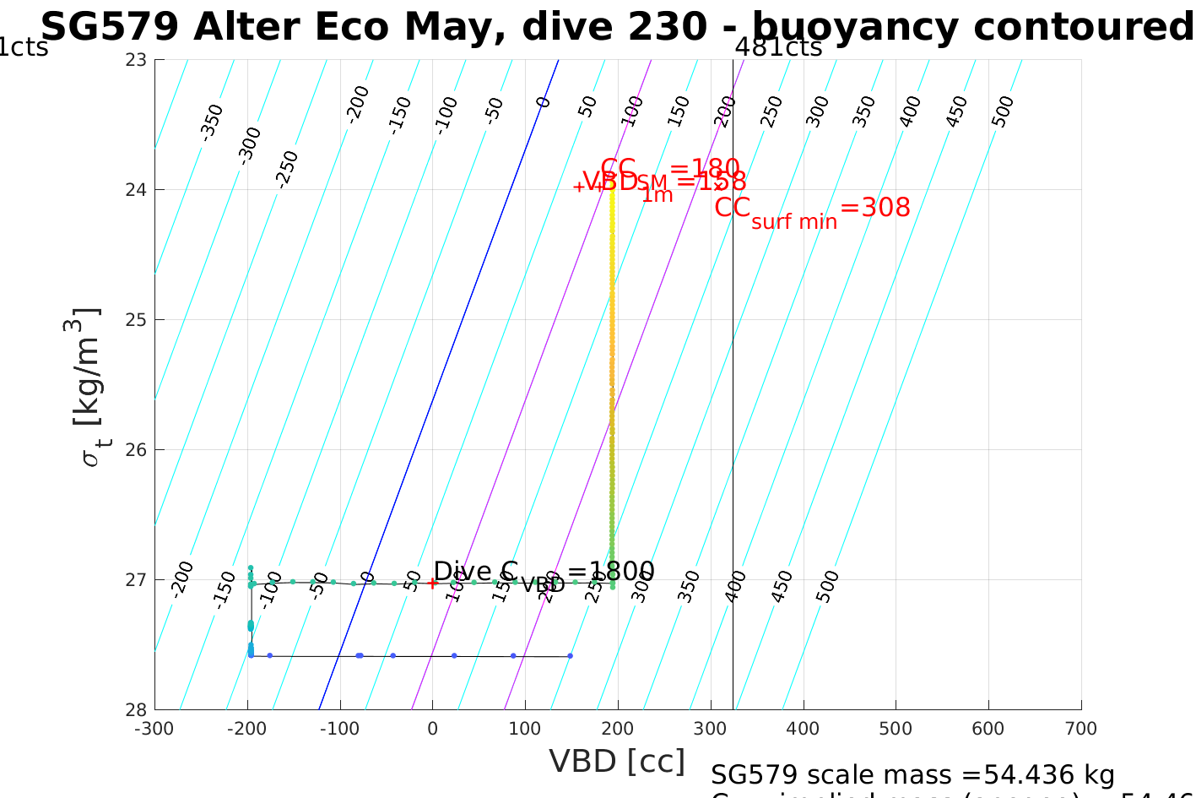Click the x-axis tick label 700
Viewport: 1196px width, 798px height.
pos(1081,729)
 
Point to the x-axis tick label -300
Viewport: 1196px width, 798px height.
pos(154,729)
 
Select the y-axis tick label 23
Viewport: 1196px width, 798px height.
pos(137,59)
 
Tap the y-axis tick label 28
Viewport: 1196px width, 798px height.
pos(137,709)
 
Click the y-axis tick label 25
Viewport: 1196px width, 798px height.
pos(137,319)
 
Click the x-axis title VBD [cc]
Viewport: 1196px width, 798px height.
pos(617,762)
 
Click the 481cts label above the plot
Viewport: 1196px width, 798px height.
pos(778,47)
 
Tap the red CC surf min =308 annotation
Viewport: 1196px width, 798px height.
pos(812,209)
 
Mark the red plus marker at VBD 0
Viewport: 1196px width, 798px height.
pos(432,583)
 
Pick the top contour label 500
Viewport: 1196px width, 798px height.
pos(1003,111)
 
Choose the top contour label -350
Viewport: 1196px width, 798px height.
pos(211,122)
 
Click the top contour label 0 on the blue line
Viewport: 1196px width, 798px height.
pos(544,102)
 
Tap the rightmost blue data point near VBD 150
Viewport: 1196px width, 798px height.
pos(570,655)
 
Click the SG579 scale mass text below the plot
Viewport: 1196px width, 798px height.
pos(912,774)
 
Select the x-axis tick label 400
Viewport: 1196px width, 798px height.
pos(803,729)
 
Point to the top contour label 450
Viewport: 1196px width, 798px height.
pos(957,111)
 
